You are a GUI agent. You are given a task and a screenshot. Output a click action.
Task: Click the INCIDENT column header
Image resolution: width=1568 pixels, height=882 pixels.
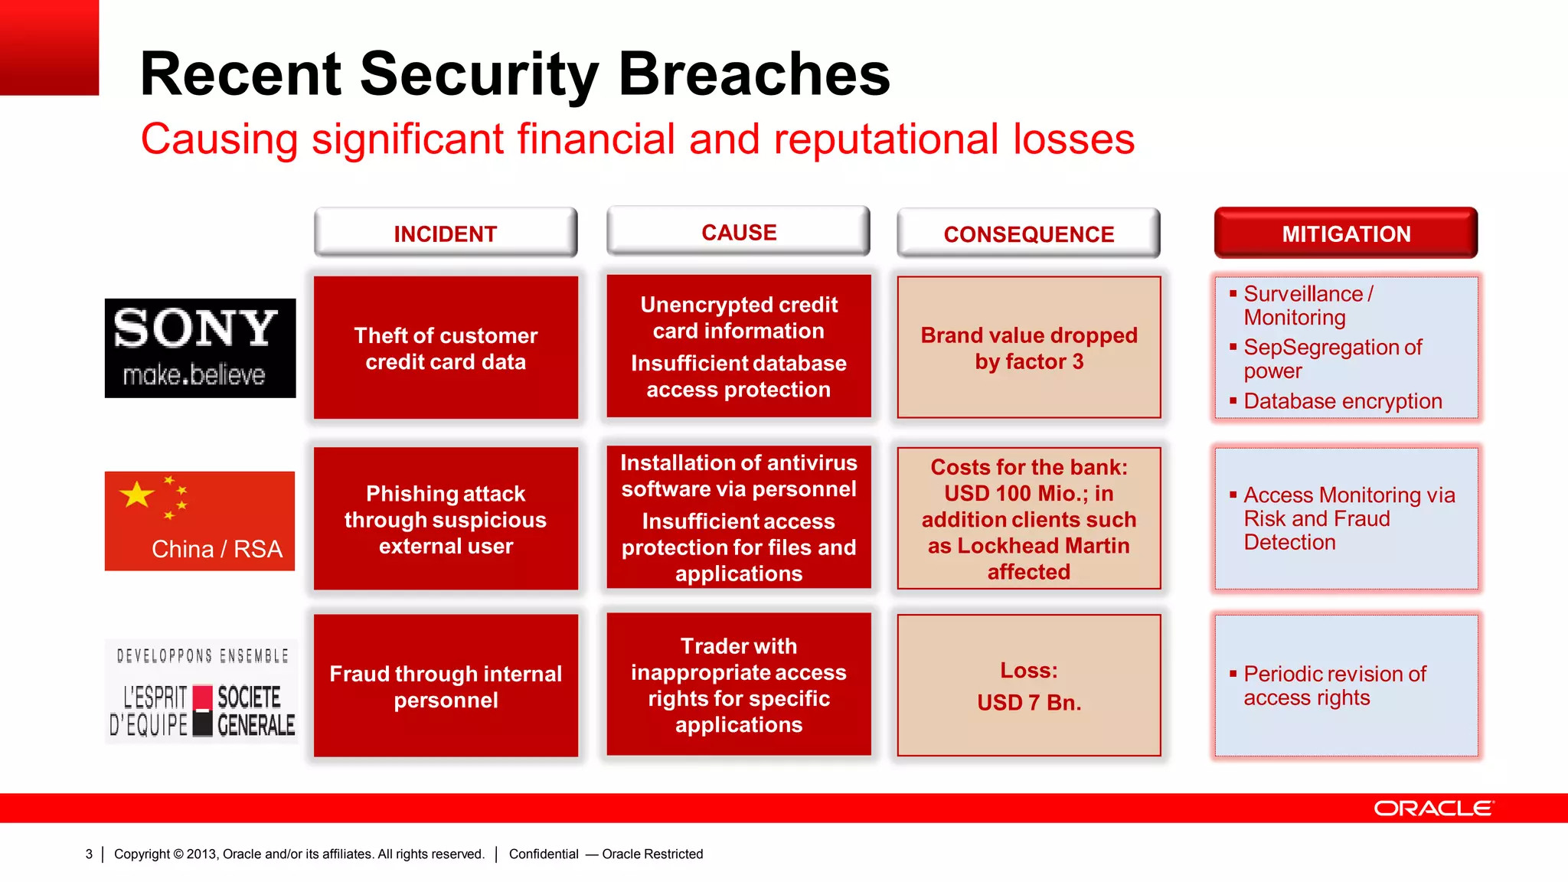pos(445,234)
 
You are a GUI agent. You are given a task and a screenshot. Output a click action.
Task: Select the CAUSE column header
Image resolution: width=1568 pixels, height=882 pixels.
pos(738,232)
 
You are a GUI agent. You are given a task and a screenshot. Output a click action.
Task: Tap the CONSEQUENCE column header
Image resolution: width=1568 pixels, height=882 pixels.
pos(1028,234)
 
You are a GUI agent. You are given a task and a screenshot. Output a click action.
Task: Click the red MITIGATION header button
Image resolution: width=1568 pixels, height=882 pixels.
pos(1345,234)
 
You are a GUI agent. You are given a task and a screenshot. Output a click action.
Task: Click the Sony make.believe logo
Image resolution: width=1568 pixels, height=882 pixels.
pos(200,348)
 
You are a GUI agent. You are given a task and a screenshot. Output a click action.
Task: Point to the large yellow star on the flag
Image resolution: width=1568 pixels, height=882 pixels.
pos(137,495)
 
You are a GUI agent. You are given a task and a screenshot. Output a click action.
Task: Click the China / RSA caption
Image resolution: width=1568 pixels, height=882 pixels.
pos(217,549)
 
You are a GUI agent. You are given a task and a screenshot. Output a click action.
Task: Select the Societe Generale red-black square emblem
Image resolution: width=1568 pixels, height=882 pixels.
pos(202,710)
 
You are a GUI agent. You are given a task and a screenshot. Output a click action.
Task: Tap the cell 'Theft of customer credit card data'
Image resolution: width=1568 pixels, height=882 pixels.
pos(446,348)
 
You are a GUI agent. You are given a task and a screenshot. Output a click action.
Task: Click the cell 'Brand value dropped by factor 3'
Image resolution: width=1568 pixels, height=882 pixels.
pos(1028,348)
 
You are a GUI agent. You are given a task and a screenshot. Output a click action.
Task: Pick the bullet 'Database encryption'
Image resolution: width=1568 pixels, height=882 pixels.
pos(1342,401)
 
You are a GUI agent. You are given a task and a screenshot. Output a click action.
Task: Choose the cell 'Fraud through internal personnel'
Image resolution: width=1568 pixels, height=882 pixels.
pos(446,686)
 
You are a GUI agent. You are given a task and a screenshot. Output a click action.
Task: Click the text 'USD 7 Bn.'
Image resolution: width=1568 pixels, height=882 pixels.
pos(1029,702)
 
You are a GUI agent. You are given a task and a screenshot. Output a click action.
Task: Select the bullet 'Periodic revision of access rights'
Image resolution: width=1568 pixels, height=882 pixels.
pos(1334,685)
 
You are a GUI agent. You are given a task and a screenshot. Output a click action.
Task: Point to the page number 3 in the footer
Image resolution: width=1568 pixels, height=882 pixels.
pos(89,854)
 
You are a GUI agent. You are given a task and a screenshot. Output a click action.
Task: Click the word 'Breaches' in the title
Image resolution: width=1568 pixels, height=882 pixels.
pos(754,74)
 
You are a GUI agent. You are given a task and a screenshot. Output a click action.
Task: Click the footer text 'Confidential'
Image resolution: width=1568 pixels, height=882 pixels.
pos(544,854)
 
